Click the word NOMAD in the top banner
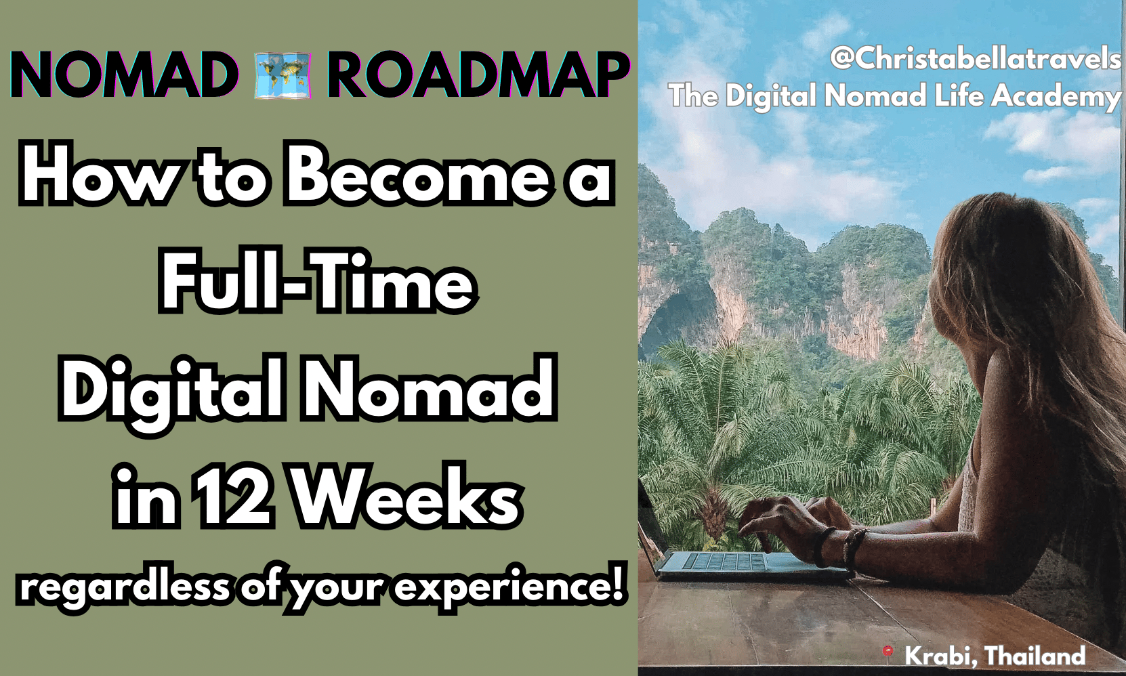[124, 75]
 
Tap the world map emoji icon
[283, 75]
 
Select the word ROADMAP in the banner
[478, 75]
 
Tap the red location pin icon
[888, 652]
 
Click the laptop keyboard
[724, 561]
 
